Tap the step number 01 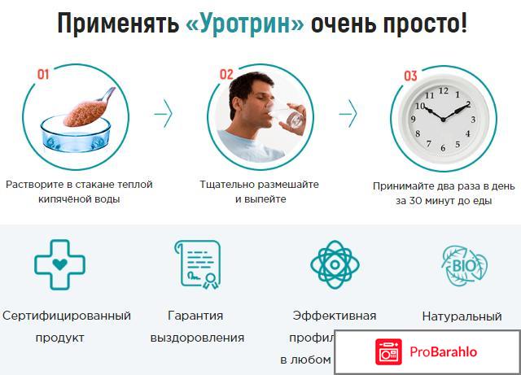coord(43,75)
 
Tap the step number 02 coord(225,75)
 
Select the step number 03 coord(410,76)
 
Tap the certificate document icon coord(195,264)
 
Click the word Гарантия coord(195,315)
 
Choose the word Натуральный coord(462,315)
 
